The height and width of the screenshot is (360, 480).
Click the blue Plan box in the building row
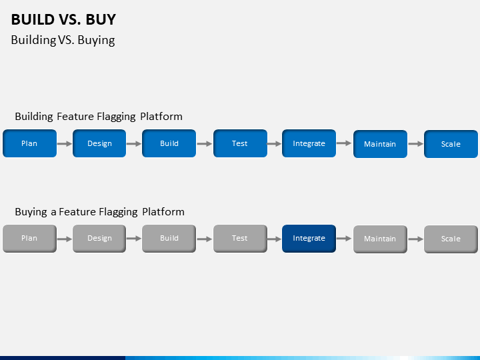coord(29,143)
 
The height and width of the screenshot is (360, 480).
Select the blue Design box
coord(99,143)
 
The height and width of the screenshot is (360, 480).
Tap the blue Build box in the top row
coord(169,143)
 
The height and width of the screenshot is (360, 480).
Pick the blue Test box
coord(240,143)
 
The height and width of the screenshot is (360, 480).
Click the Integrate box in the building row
coord(309,143)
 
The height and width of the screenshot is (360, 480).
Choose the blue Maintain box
coord(380,144)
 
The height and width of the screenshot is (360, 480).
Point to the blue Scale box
coord(451,144)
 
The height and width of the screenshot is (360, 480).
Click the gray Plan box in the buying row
coord(29,239)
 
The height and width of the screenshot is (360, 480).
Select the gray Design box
coord(99,239)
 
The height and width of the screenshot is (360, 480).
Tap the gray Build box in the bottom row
coord(169,239)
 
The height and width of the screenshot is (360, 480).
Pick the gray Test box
coord(240,239)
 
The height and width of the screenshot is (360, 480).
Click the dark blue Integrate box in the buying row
coord(309,239)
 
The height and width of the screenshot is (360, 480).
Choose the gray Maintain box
coord(380,239)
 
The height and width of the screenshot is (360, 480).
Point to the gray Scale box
coord(451,239)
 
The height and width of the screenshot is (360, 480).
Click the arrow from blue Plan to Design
coord(65,143)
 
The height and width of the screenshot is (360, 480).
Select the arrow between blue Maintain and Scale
coord(415,144)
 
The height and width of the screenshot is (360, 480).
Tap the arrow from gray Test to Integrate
coord(274,239)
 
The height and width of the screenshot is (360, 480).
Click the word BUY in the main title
coord(101,19)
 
